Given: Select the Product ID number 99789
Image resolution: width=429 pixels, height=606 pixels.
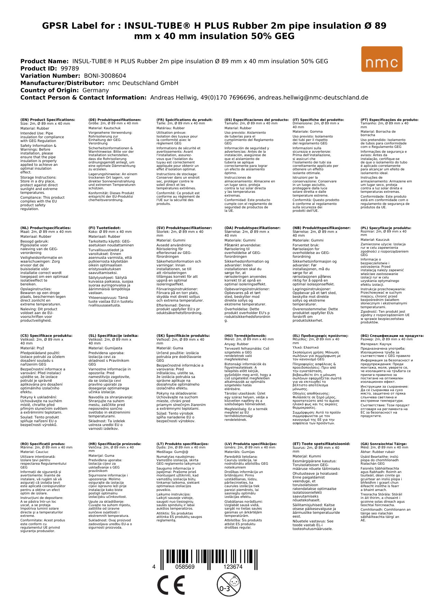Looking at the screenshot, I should [x=70, y=68].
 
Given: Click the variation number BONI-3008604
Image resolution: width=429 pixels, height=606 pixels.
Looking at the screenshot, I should [x=105, y=76].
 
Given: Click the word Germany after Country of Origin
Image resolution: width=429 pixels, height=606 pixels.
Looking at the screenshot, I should [x=95, y=90].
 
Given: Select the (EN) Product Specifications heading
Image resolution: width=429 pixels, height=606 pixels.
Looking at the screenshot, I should [x=48, y=120].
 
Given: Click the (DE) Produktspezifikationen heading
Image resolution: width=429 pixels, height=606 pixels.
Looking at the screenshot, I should [x=115, y=120].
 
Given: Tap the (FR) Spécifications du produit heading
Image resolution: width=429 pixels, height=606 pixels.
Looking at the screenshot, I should [x=184, y=120].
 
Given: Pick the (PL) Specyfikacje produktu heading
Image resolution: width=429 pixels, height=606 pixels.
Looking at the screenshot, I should [x=386, y=228].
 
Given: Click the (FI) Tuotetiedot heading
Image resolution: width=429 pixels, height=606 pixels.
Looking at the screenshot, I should [x=104, y=228].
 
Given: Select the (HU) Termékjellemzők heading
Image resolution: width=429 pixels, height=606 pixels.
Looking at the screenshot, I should [x=245, y=335].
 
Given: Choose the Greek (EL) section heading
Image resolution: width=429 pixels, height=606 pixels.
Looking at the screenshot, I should [x=320, y=335].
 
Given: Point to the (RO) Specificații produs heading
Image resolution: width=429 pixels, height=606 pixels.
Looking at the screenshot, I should [x=43, y=444].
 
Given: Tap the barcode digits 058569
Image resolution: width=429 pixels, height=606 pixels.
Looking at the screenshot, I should [x=185, y=567].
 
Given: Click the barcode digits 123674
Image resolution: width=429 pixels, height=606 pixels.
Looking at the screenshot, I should [x=233, y=567].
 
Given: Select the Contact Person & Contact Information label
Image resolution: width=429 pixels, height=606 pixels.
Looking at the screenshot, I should [x=83, y=97].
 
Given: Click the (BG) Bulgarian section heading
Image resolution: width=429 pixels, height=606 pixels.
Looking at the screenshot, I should [x=392, y=335].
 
